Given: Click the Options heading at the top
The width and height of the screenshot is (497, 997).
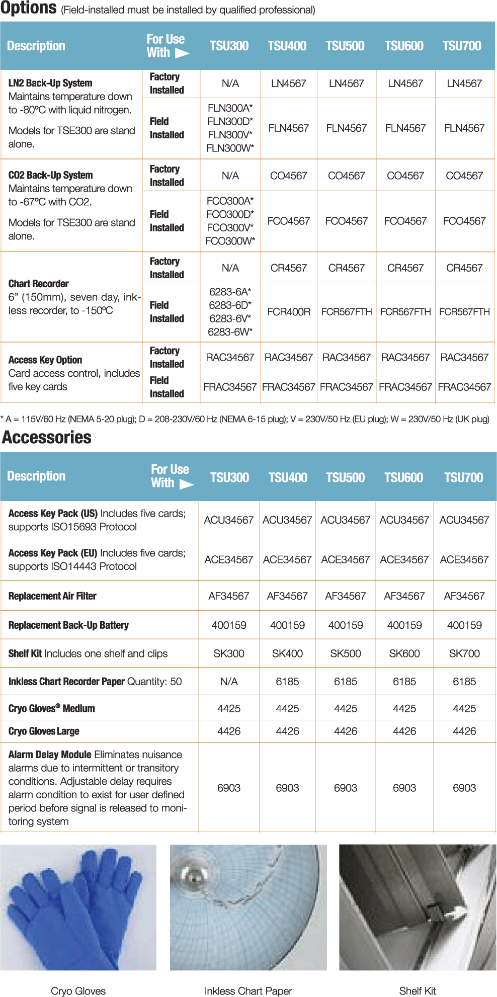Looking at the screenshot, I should [29, 9].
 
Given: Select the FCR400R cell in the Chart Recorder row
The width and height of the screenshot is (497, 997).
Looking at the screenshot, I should [289, 312].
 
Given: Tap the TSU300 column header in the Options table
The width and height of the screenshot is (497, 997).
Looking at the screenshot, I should [229, 46].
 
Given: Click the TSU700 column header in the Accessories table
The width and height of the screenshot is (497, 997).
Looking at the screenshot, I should [463, 477].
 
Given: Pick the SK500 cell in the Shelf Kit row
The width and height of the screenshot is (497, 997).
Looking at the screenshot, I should [346, 653].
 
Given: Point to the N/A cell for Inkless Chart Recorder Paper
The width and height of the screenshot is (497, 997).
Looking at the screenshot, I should [229, 682].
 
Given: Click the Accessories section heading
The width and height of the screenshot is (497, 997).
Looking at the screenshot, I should [47, 438].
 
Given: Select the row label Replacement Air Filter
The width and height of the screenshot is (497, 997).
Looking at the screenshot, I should [52, 596].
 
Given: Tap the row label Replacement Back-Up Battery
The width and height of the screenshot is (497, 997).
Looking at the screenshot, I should [68, 625].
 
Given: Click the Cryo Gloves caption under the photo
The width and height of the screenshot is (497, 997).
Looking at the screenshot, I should [78, 991].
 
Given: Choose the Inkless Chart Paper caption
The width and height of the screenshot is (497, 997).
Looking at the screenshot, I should [248, 991].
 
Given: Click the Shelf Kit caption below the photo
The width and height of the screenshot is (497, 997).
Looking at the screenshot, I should [418, 991].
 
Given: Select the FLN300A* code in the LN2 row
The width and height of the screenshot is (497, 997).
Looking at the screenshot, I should [230, 108].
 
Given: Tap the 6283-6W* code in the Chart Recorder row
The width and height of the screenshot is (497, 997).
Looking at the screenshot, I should [230, 332].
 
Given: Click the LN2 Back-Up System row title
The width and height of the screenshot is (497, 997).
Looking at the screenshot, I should [50, 83].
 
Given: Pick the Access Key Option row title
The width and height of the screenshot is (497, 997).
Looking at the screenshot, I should [45, 360].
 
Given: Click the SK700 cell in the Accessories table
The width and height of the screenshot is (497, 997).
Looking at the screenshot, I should [464, 653].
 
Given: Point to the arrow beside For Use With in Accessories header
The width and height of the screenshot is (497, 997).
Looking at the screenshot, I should [187, 484].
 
